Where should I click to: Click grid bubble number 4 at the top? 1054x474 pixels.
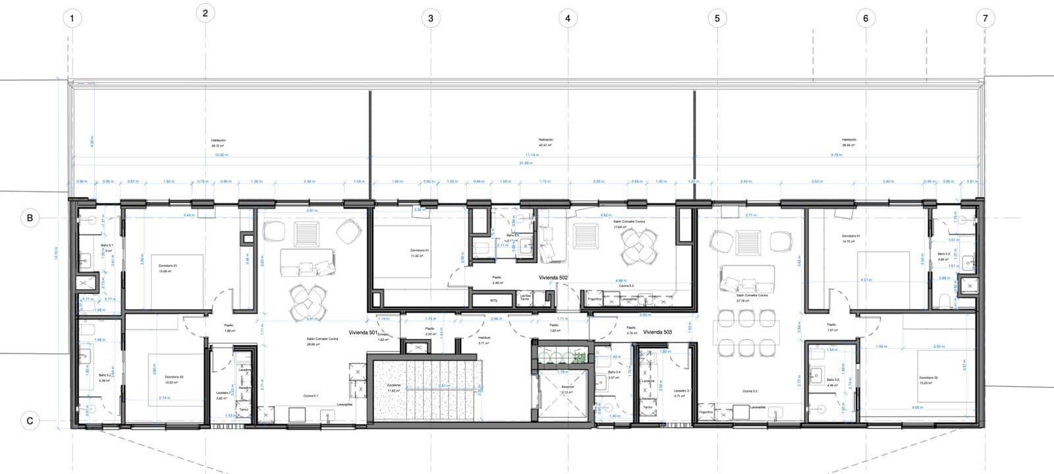click(568, 18)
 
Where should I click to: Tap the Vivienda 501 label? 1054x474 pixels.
click(364, 333)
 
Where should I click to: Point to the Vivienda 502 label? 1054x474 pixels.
click(553, 278)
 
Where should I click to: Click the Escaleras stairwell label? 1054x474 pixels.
click(395, 388)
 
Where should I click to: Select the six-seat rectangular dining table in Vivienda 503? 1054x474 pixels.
click(746, 332)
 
